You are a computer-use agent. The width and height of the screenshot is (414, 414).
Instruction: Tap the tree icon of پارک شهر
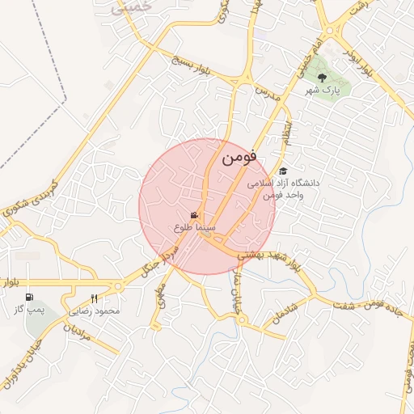323,78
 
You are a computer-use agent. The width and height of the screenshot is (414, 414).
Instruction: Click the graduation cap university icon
282,171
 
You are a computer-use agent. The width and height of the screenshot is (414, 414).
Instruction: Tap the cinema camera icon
194,215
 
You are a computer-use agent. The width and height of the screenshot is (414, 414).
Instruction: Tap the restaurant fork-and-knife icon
95,298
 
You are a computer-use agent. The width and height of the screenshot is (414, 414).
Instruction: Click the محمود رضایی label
95,310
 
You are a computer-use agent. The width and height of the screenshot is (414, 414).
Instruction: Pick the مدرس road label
268,91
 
